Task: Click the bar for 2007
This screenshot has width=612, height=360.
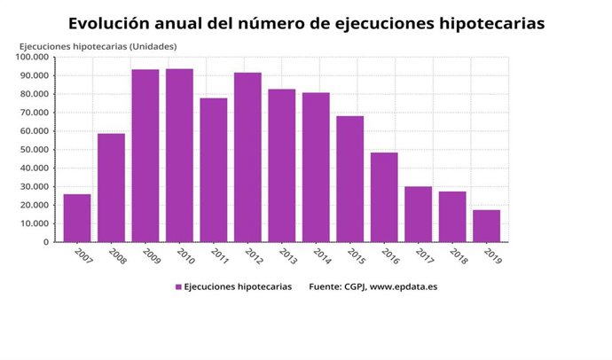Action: click(77, 218)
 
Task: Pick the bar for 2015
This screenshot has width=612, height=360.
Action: click(349, 179)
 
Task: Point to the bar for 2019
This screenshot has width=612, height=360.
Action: click(486, 226)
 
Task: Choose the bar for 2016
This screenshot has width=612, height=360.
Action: click(384, 197)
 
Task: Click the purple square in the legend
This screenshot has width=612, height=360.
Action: click(178, 287)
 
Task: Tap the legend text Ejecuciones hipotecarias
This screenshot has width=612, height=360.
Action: click(237, 287)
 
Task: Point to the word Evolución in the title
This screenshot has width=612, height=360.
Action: click(111, 21)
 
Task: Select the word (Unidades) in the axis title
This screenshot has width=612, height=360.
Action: click(153, 46)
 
